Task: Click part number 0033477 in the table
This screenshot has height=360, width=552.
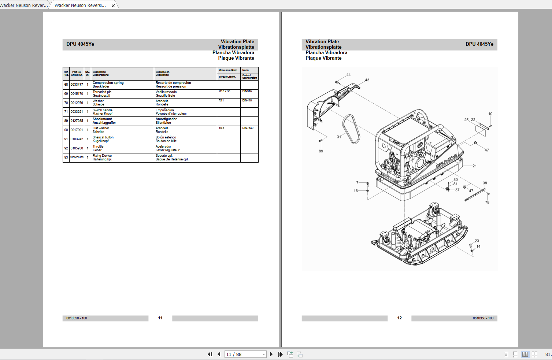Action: (x=77, y=85)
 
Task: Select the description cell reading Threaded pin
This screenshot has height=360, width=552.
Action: (x=102, y=92)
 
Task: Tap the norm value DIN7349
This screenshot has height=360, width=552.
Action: (x=248, y=128)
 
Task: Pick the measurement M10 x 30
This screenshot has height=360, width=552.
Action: (x=224, y=92)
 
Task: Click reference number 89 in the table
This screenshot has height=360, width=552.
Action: (x=66, y=121)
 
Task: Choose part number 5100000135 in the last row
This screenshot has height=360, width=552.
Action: (x=77, y=157)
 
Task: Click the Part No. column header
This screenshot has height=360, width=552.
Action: (x=77, y=74)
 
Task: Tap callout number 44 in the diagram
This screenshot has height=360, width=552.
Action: (x=348, y=75)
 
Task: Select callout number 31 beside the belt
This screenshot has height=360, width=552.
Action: (x=339, y=137)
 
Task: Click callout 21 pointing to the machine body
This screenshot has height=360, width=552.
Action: (x=474, y=166)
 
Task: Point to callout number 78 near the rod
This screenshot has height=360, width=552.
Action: (x=487, y=203)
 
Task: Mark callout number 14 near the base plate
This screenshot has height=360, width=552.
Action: (x=478, y=247)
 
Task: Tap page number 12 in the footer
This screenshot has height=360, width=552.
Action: (x=399, y=318)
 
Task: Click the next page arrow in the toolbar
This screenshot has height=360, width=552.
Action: (x=271, y=354)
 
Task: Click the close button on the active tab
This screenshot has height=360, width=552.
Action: (x=113, y=5)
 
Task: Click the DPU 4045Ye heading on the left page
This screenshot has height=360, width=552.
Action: (x=80, y=44)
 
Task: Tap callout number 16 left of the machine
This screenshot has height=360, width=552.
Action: (x=356, y=191)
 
